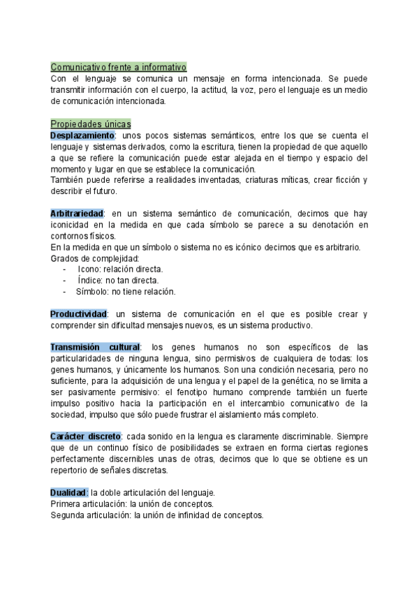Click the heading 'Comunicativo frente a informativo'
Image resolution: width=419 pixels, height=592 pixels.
pos(119,68)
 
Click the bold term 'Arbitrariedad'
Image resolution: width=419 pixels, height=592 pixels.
pos(77,213)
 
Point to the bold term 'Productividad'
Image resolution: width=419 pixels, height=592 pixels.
pos(78,314)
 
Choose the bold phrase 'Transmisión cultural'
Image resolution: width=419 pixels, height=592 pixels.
pos(96,347)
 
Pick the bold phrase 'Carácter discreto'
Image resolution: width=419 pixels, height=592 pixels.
pos(86,436)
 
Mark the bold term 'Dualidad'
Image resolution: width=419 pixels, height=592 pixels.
pos(69,492)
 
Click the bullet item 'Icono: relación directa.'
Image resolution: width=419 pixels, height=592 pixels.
pos(120,269)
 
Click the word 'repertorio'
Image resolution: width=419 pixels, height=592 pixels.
pos(71,470)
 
